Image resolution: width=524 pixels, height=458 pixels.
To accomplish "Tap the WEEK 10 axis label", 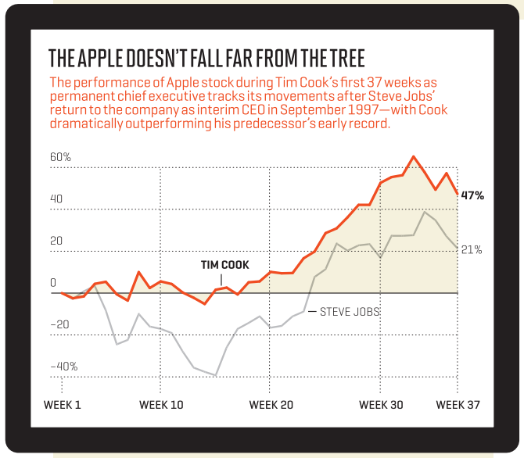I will [161, 405].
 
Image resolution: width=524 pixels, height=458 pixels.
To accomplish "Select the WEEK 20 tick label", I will [271, 405].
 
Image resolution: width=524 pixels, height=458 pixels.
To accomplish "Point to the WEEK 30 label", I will [381, 405].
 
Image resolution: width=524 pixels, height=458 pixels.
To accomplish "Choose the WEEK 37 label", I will [458, 405].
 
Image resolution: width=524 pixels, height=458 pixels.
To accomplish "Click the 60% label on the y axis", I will [60, 157].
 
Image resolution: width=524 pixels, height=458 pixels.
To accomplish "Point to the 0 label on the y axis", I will [53, 283].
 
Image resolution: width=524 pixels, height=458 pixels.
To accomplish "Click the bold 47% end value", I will [472, 195].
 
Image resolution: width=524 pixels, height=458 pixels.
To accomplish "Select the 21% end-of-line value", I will [472, 250].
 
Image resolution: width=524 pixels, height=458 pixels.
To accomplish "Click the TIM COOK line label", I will [225, 265].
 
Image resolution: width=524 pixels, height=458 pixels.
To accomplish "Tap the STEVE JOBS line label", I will [350, 311].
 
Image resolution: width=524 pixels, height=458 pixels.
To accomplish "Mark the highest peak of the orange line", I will [413, 156].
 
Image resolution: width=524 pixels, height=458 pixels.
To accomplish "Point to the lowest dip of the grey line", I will [216, 375].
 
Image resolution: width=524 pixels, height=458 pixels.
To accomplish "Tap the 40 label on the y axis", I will [56, 199].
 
